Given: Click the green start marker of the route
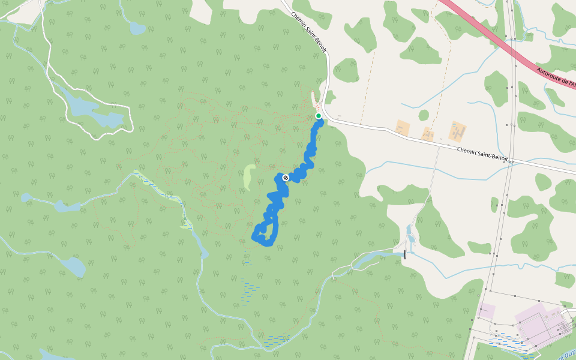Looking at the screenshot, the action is click(x=319, y=116).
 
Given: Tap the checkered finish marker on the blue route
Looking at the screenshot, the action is click(x=286, y=178).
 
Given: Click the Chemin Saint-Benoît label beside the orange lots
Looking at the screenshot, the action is click(x=482, y=154).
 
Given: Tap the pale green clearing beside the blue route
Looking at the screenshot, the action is click(x=248, y=177).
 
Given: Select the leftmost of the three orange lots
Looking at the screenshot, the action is click(x=403, y=127).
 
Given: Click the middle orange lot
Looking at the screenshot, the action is click(x=428, y=133).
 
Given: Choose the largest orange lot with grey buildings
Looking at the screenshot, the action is click(x=458, y=131).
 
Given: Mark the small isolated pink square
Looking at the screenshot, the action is click(x=487, y=311).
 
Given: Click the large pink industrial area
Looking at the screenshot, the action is click(x=540, y=324).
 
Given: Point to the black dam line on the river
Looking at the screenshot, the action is click(x=405, y=254).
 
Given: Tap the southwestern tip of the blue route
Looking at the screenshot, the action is click(x=254, y=238).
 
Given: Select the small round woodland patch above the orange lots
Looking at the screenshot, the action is click(x=424, y=115).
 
